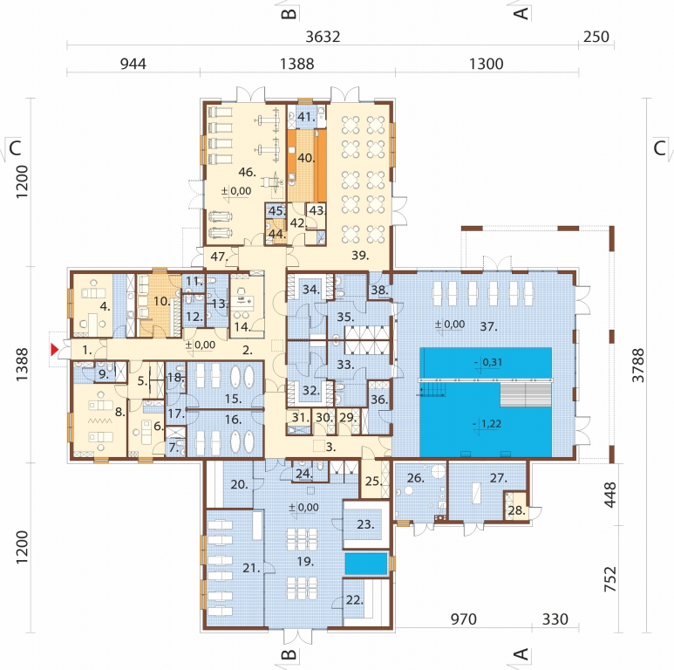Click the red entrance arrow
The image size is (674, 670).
(54, 350)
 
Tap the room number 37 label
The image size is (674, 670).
(489, 327)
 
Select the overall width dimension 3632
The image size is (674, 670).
(323, 37)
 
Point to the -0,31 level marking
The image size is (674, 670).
(488, 362)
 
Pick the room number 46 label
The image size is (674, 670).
(247, 173)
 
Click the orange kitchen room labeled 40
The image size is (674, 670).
(307, 166)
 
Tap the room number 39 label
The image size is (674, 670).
(360, 256)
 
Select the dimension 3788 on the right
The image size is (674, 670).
(639, 366)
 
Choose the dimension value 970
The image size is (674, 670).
(463, 619)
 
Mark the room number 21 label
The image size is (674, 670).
(251, 568)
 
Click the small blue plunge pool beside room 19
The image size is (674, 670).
(366, 564)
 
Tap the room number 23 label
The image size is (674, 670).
(365, 524)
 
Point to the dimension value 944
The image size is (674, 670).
(133, 64)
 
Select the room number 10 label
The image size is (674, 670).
(162, 301)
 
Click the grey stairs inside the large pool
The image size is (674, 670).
(525, 395)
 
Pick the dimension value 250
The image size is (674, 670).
(596, 37)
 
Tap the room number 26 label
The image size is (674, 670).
(415, 478)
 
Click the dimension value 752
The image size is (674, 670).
(609, 578)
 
